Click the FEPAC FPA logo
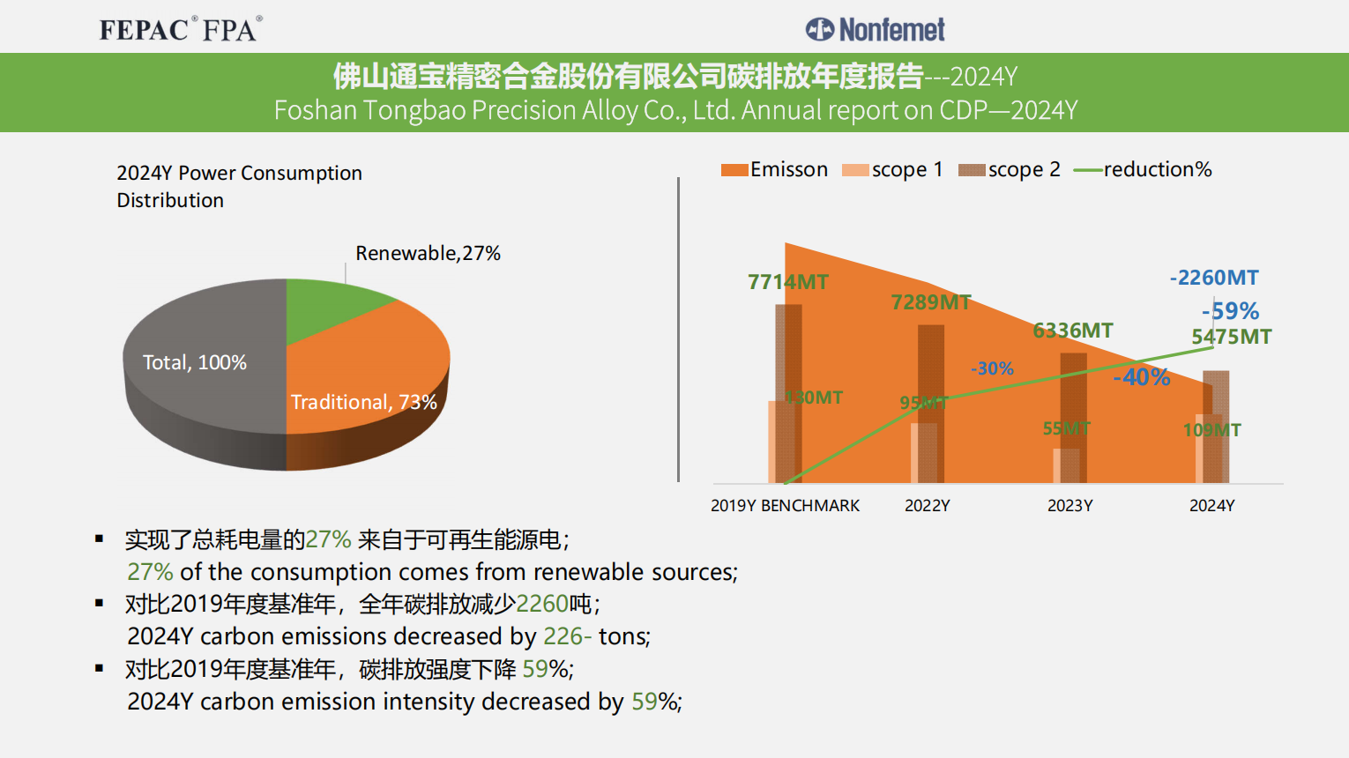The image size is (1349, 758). coord(181,29)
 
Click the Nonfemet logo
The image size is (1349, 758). coord(875,30)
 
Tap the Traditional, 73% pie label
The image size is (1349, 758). coord(363,403)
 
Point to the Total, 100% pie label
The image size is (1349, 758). coord(195,362)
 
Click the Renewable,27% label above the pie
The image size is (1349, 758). coord(428,254)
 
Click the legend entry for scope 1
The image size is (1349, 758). coord(892,169)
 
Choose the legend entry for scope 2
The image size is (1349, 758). coord(1010,169)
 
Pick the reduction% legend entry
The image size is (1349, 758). coord(1143,169)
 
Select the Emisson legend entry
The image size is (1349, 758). coord(775,169)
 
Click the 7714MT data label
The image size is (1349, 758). coord(788,282)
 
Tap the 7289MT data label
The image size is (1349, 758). coord(931,302)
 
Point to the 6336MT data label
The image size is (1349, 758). coord(1073,331)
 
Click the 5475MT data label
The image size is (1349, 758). coord(1232,337)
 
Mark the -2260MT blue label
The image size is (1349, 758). coord(1214,278)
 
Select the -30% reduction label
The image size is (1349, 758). coord(992,368)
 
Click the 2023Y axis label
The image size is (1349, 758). coord(1070,506)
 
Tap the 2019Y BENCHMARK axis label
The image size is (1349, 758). coord(785,506)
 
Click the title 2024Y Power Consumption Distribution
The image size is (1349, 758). coord(239,186)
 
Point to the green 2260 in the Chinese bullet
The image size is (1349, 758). coord(542,604)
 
